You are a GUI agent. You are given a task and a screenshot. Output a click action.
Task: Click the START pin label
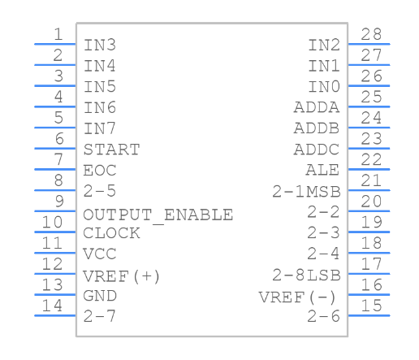click(111, 150)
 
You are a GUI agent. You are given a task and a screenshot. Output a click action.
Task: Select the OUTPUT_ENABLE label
click(158, 215)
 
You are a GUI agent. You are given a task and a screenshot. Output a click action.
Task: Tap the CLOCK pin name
click(111, 233)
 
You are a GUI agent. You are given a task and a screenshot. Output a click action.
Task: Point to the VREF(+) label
click(122, 276)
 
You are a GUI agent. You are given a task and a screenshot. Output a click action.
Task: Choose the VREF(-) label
click(299, 297)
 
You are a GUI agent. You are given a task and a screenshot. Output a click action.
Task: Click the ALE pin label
click(322, 171)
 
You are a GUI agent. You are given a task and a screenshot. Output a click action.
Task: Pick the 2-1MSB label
click(306, 192)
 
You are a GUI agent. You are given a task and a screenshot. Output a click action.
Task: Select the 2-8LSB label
click(306, 275)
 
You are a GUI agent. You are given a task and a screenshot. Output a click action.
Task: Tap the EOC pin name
click(100, 171)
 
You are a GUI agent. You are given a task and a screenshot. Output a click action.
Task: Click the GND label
click(100, 296)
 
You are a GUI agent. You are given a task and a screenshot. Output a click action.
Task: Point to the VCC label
click(100, 254)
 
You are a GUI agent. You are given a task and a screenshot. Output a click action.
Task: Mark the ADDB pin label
click(317, 128)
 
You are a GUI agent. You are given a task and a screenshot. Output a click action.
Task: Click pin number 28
click(371, 34)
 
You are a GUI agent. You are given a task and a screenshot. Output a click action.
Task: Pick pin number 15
click(371, 306)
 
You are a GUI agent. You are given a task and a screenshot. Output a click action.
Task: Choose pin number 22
click(371, 159)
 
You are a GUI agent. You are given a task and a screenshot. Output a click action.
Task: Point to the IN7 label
click(100, 128)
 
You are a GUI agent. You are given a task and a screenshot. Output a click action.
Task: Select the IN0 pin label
click(324, 87)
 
